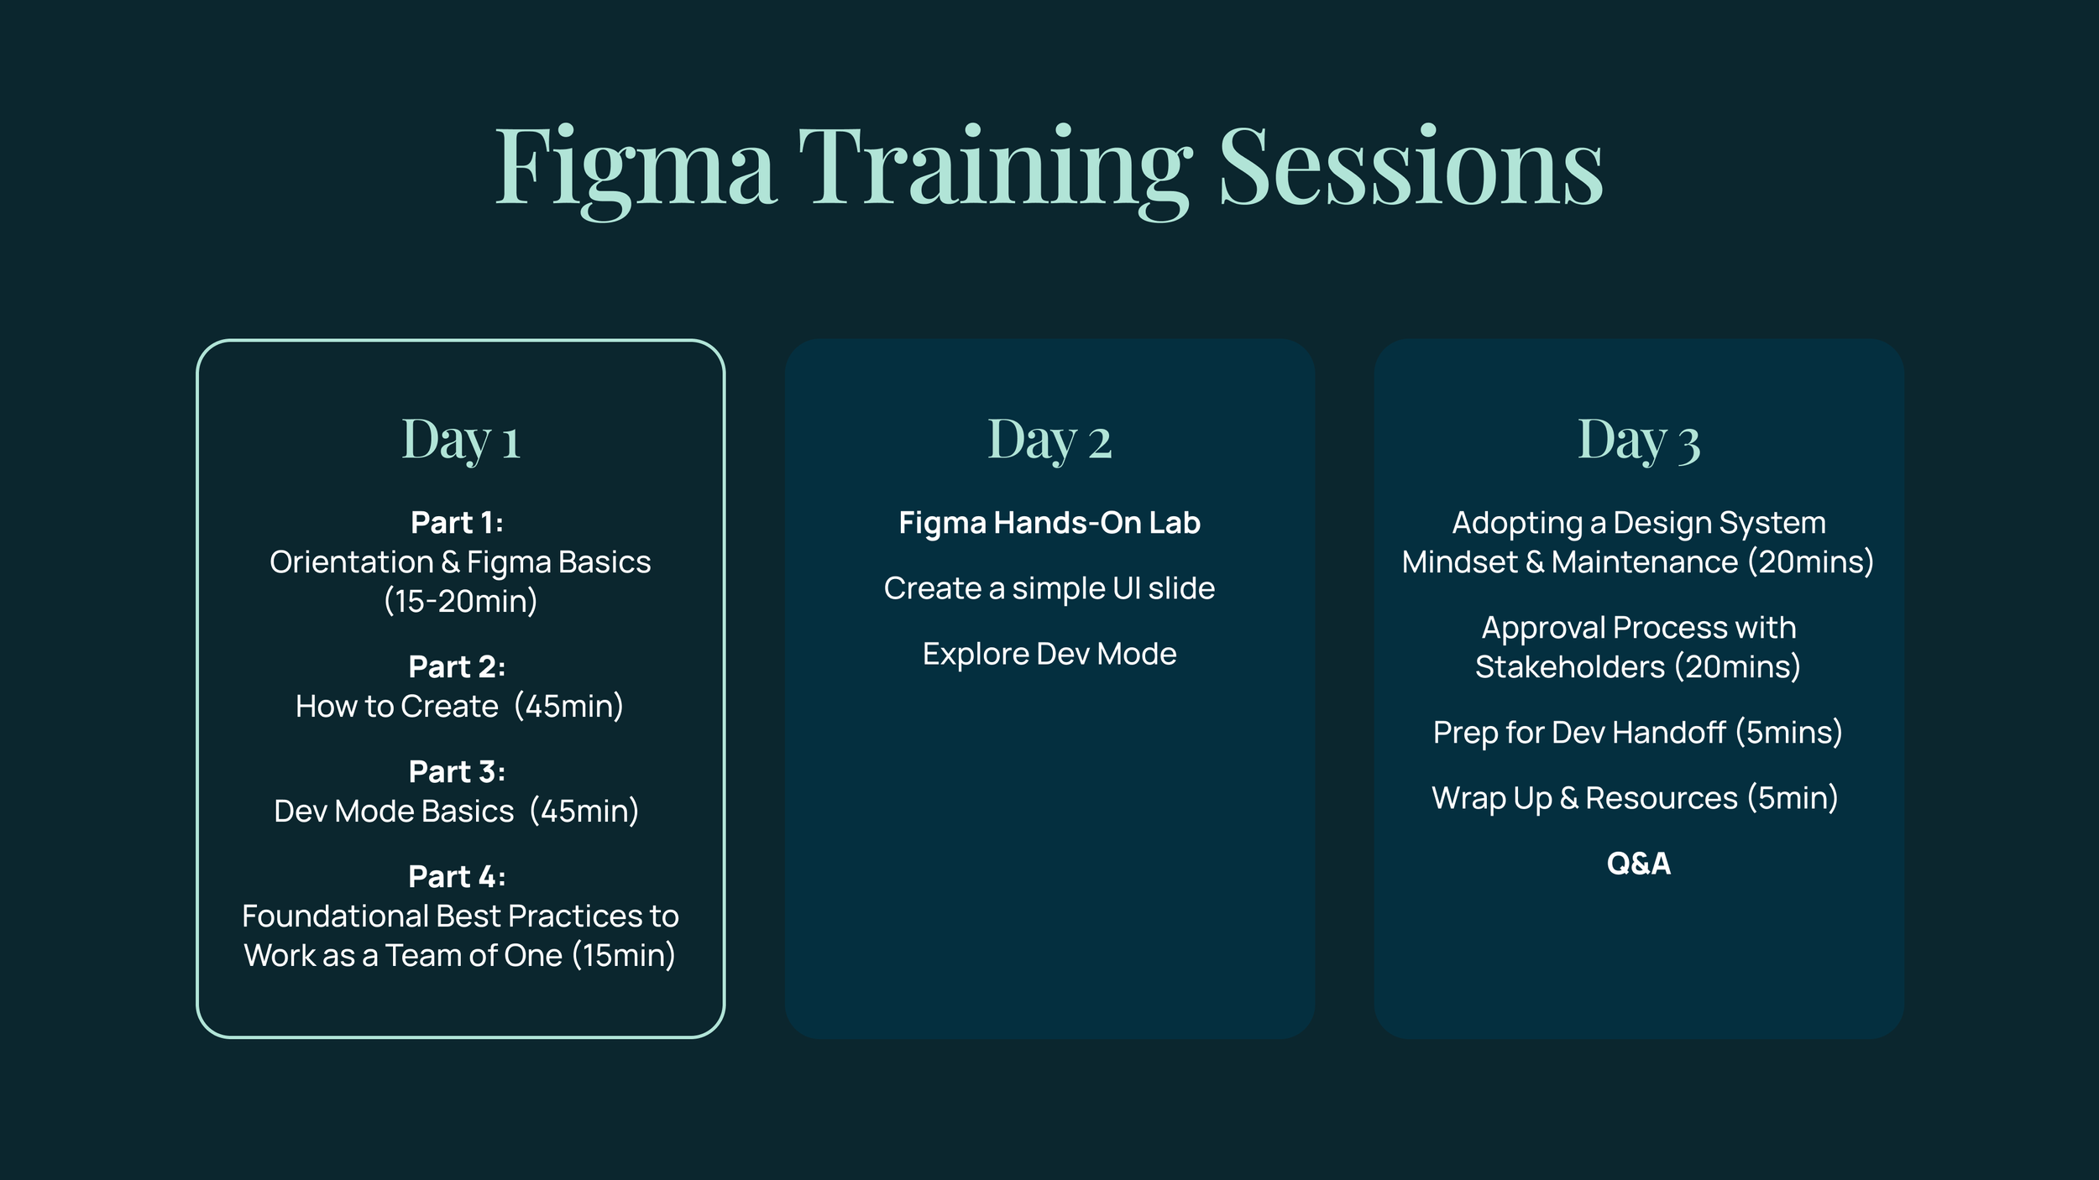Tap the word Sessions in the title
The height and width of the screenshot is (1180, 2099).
(x=1411, y=168)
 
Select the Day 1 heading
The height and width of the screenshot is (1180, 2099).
(x=461, y=440)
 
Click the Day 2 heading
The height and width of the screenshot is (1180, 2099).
(x=1049, y=440)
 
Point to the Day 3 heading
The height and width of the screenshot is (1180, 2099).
(x=1638, y=440)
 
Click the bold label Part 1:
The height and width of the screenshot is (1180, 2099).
(x=457, y=523)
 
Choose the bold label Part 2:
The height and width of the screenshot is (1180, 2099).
(x=457, y=667)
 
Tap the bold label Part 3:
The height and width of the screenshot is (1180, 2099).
(x=457, y=772)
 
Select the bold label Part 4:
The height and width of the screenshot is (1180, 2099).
(x=457, y=877)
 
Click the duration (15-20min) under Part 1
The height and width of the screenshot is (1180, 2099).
(x=460, y=602)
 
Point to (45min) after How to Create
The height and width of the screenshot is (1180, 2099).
(x=568, y=707)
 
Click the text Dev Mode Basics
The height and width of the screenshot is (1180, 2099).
(x=394, y=812)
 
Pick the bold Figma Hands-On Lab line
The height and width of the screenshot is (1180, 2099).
(x=1049, y=523)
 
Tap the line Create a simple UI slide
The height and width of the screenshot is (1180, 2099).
(x=1049, y=588)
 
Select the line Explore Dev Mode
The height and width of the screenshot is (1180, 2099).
(x=1049, y=654)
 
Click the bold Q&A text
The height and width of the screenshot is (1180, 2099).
(x=1638, y=864)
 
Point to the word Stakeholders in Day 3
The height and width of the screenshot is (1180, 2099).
(x=1569, y=667)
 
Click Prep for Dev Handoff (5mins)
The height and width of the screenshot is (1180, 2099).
(x=1638, y=733)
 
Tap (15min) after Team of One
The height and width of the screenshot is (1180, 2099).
(x=623, y=956)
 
